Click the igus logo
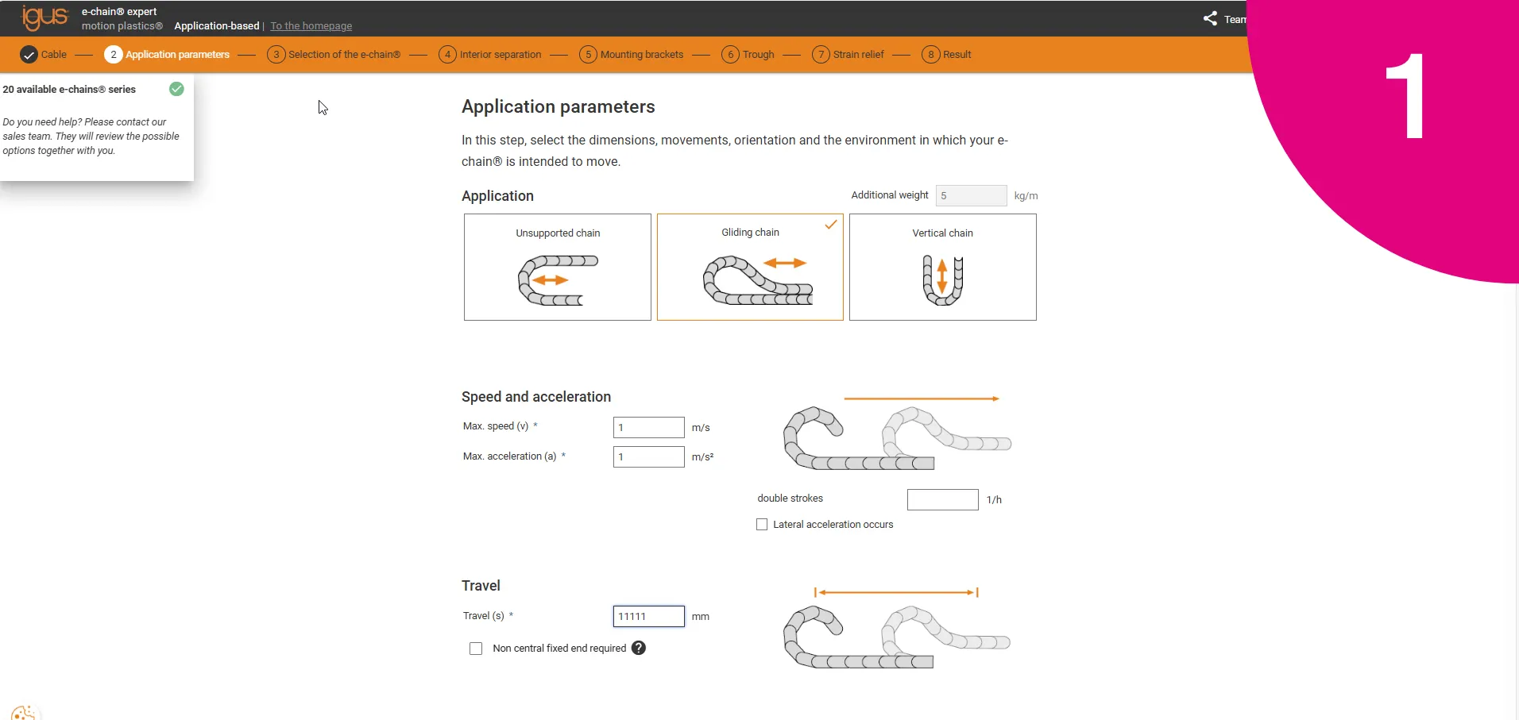click(x=44, y=17)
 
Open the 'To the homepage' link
click(x=311, y=26)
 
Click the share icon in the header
click(x=1210, y=18)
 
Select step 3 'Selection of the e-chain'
click(x=334, y=55)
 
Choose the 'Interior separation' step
click(x=490, y=55)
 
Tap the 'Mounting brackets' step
click(x=632, y=55)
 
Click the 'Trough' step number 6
click(x=730, y=55)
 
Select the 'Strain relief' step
click(x=848, y=55)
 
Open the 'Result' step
click(x=947, y=55)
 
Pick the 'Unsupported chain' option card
click(x=558, y=267)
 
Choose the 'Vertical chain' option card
click(x=942, y=267)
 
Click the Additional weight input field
click(x=971, y=195)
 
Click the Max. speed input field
click(x=648, y=427)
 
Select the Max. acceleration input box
click(x=648, y=456)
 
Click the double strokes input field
click(x=942, y=499)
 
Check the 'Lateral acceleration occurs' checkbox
click(x=762, y=525)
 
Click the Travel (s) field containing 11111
click(x=648, y=616)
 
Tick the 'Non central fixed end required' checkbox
click(x=476, y=649)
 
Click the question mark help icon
click(x=639, y=648)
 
